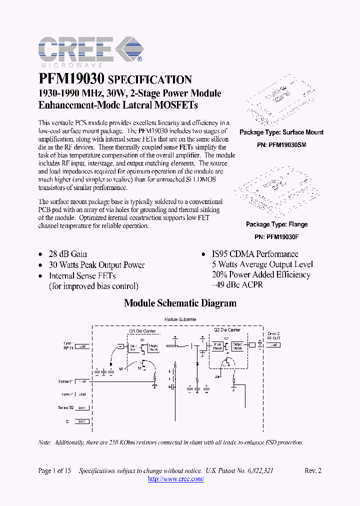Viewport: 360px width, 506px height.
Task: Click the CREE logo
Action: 90,51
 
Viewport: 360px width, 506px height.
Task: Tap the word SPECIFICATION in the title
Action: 150,80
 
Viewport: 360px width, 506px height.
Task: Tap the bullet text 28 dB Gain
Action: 67,254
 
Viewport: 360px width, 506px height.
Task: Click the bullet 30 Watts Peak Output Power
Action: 96,265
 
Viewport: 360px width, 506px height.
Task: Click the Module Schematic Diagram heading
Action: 180,303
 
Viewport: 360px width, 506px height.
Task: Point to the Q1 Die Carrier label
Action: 142,331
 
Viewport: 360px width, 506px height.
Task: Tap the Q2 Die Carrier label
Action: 227,330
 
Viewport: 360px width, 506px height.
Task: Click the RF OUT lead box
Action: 273,345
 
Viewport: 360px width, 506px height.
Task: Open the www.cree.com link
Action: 176,479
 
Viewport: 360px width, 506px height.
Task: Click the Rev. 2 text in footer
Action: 313,471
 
